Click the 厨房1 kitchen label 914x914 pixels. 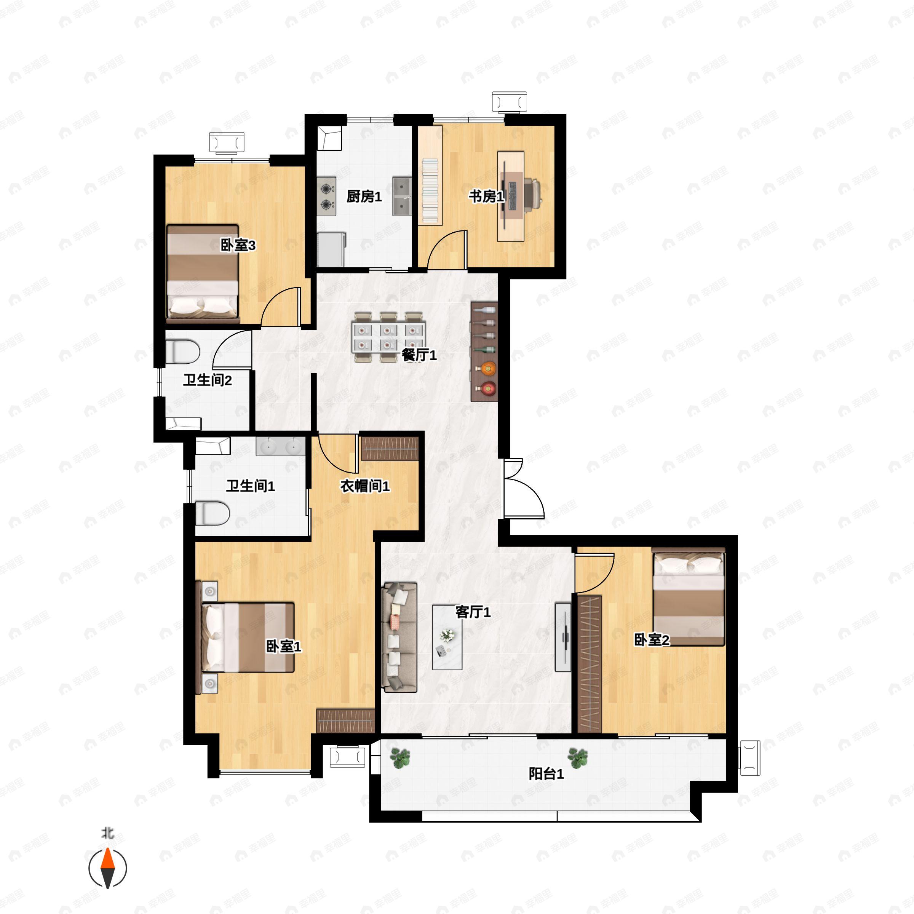click(x=364, y=197)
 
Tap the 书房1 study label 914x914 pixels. click(x=486, y=197)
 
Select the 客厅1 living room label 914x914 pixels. click(x=473, y=612)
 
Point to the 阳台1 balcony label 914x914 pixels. click(x=546, y=774)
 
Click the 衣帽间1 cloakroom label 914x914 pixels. click(x=365, y=486)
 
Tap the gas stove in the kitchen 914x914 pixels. click(x=326, y=197)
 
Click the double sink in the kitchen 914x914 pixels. click(x=402, y=197)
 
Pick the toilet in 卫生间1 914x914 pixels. click(x=213, y=513)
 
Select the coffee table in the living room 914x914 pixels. click(x=447, y=637)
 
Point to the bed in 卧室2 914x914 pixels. click(x=688, y=596)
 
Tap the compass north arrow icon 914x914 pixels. click(x=108, y=868)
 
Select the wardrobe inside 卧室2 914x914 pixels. click(x=590, y=665)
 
